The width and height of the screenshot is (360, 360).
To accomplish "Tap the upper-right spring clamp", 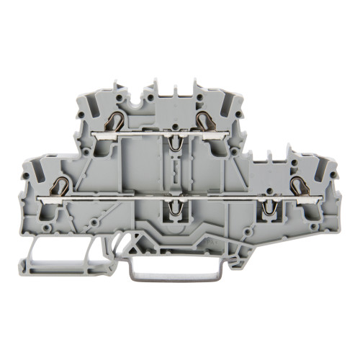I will (204, 120).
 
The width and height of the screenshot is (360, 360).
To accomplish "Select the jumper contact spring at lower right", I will (272, 207).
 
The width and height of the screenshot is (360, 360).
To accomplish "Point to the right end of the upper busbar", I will (219, 135).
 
